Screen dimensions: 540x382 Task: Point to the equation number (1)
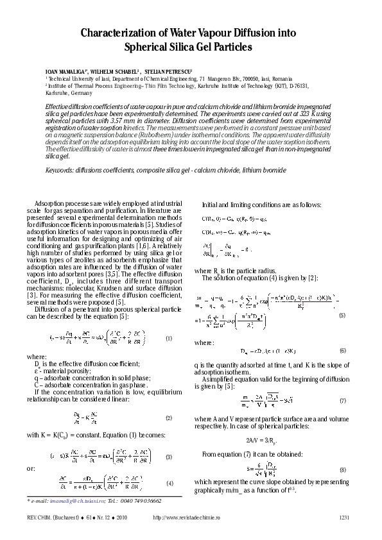(169, 338)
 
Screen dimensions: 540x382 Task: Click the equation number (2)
(169, 418)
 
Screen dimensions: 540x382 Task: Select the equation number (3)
(169, 457)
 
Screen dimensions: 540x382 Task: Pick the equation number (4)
(169, 482)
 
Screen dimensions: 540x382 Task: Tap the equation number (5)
(342, 316)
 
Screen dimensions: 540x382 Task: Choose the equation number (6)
(342, 351)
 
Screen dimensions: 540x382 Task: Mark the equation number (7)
(342, 400)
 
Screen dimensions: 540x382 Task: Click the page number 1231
(344, 517)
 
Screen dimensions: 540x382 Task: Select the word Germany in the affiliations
(67, 92)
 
